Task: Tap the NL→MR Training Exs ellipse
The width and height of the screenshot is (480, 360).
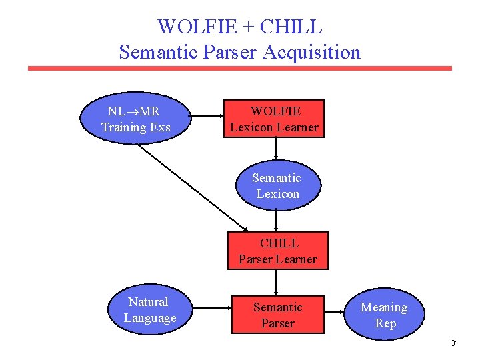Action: pyautogui.click(x=136, y=119)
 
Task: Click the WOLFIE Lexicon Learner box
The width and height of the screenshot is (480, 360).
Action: pyautogui.click(x=274, y=119)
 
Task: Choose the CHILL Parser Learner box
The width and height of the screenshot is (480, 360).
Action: pyautogui.click(x=278, y=251)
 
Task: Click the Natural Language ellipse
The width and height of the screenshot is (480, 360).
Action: pyautogui.click(x=149, y=311)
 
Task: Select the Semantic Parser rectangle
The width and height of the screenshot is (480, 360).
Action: pyautogui.click(x=277, y=315)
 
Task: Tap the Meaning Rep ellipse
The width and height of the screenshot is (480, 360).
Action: pyautogui.click(x=384, y=315)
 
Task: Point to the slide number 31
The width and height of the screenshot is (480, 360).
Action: pyautogui.click(x=455, y=343)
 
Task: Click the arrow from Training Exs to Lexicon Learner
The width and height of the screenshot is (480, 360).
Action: pyautogui.click(x=207, y=119)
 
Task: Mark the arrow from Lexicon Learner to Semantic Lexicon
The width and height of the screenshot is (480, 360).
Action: pyautogui.click(x=276, y=151)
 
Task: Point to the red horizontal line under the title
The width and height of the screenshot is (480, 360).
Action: pyautogui.click(x=239, y=68)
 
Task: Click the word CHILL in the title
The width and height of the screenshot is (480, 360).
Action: pyautogui.click(x=291, y=27)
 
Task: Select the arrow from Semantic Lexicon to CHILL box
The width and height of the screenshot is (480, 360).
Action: pyautogui.click(x=277, y=221)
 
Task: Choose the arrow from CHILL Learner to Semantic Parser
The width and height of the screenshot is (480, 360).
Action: pyautogui.click(x=277, y=282)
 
